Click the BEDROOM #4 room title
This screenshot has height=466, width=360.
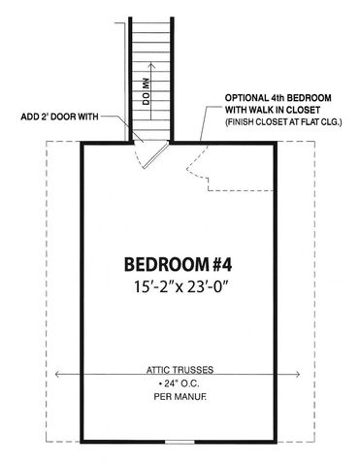pyautogui.click(x=180, y=264)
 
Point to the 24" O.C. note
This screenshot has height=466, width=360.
pyautogui.click(x=180, y=383)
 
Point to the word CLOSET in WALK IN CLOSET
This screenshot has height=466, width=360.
pyautogui.click(x=305, y=112)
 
